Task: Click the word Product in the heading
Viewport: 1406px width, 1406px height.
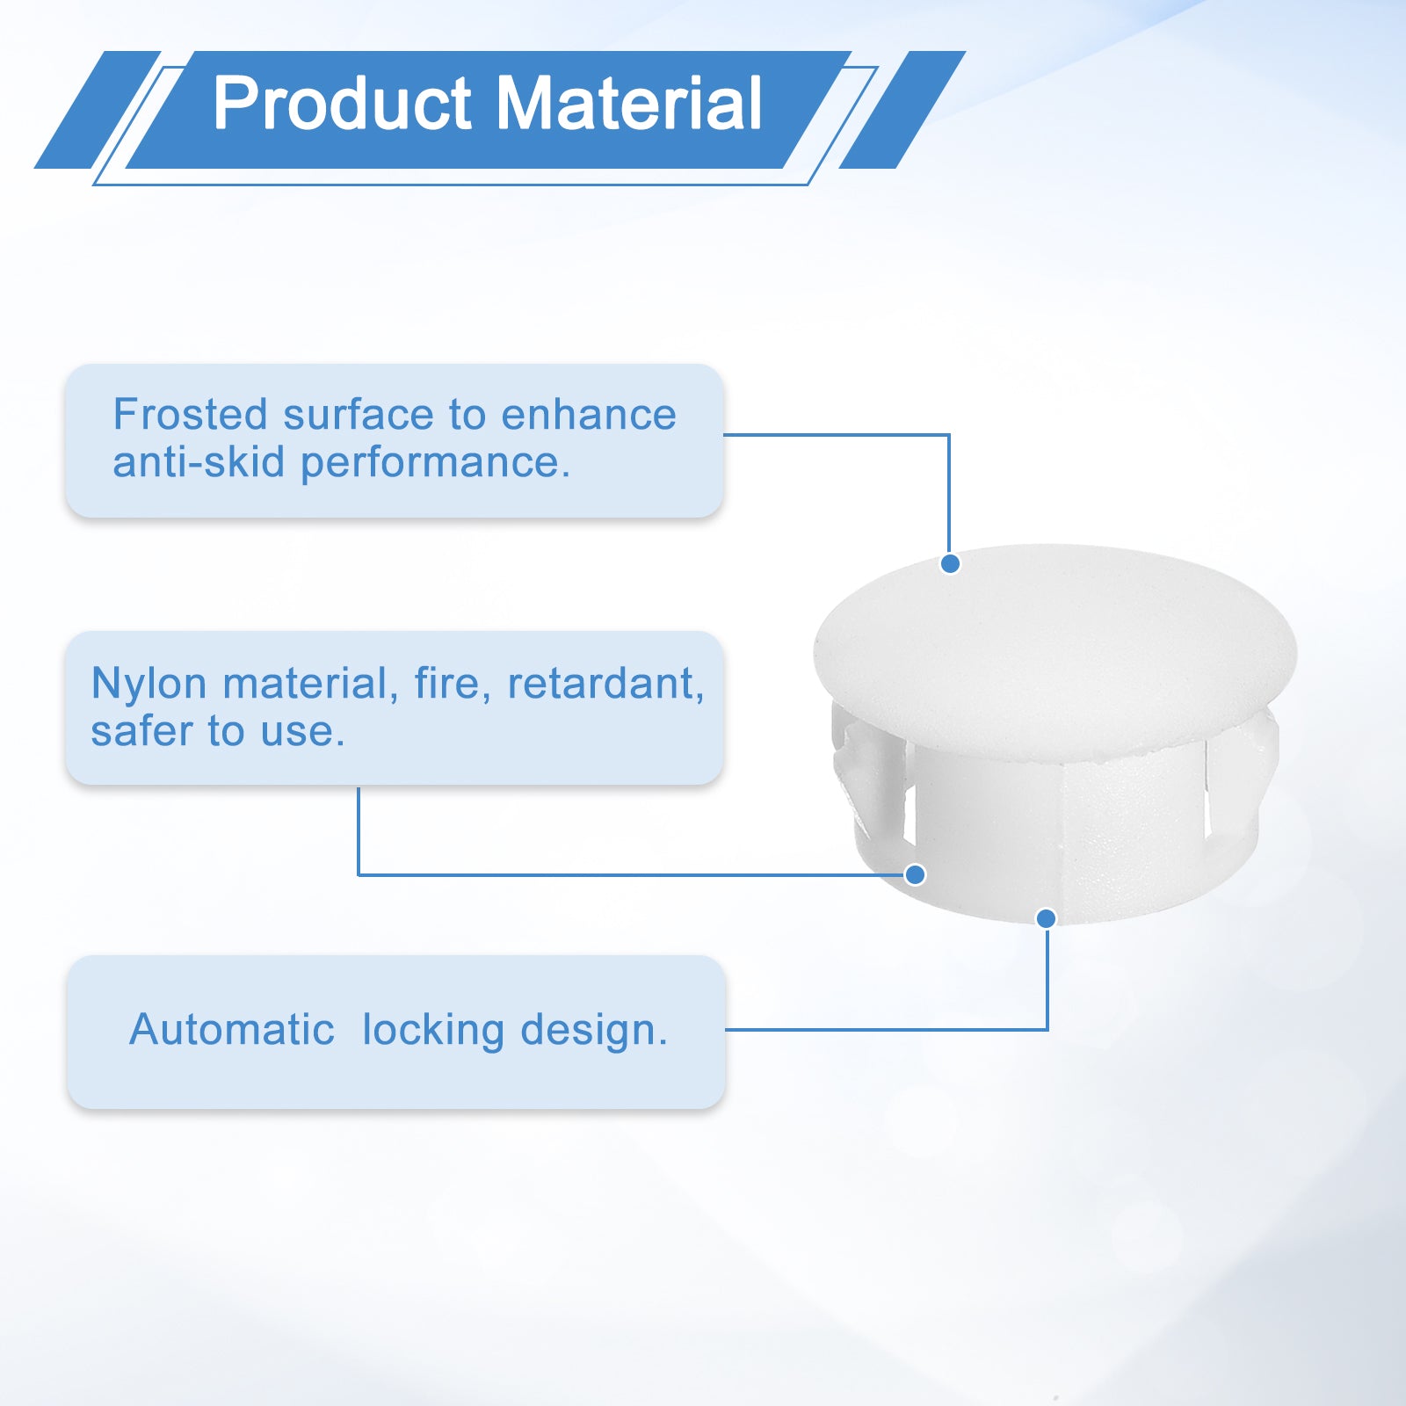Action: point(342,104)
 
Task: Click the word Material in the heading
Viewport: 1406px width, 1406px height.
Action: point(629,104)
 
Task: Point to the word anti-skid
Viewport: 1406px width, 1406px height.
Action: point(199,461)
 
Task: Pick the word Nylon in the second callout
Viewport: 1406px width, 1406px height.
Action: point(149,685)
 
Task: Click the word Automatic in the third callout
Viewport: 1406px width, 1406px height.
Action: point(232,1029)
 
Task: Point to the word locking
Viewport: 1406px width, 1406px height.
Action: point(432,1031)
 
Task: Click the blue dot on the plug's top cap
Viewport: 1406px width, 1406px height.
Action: point(950,564)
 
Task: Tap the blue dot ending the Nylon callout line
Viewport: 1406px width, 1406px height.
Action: point(915,874)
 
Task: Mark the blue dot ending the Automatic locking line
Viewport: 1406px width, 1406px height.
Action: point(1046,918)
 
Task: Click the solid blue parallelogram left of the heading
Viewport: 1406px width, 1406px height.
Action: point(98,110)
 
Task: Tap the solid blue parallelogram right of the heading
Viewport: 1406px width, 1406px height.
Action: point(902,110)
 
